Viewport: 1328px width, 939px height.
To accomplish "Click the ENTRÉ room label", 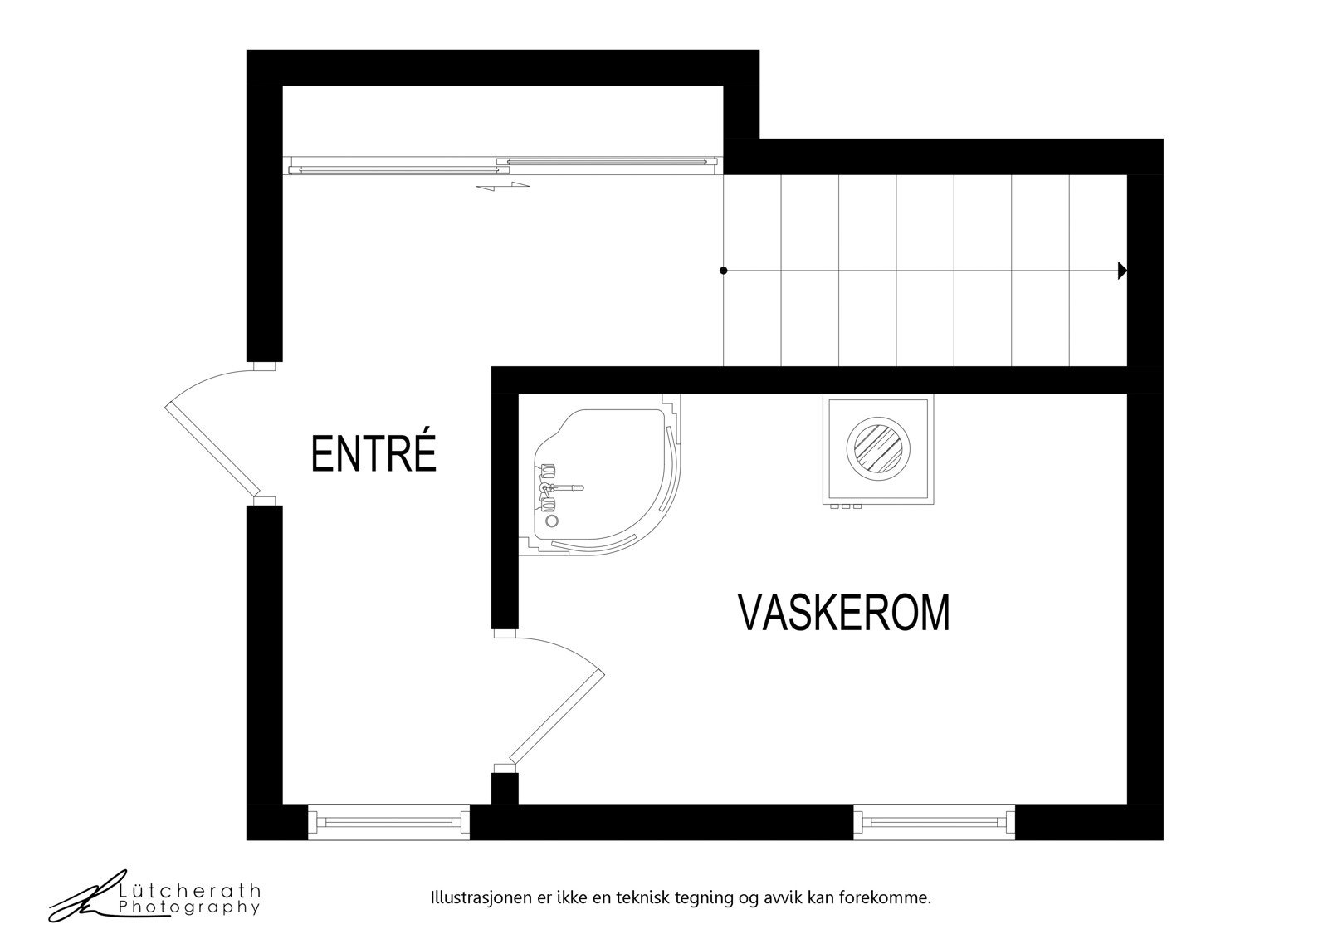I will coord(373,453).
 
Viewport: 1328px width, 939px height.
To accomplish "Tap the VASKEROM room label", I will coord(843,613).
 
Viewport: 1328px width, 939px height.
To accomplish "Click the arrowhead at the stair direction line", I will coord(1122,271).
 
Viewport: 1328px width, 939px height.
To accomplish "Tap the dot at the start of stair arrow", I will coord(724,271).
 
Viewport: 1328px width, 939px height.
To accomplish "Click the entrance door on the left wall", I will coord(212,440).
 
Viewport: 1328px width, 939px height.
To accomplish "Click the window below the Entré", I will coord(388,821).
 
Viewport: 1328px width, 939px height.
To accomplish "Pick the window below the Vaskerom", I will coord(935,821).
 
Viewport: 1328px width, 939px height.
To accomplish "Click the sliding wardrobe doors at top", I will coord(503,165).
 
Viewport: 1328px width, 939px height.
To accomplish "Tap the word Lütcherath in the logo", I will coord(189,891).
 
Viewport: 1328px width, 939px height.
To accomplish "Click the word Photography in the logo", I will coord(189,907).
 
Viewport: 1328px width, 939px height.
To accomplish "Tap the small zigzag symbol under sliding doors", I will coord(503,187).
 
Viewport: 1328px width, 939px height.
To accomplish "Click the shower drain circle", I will coord(552,520).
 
